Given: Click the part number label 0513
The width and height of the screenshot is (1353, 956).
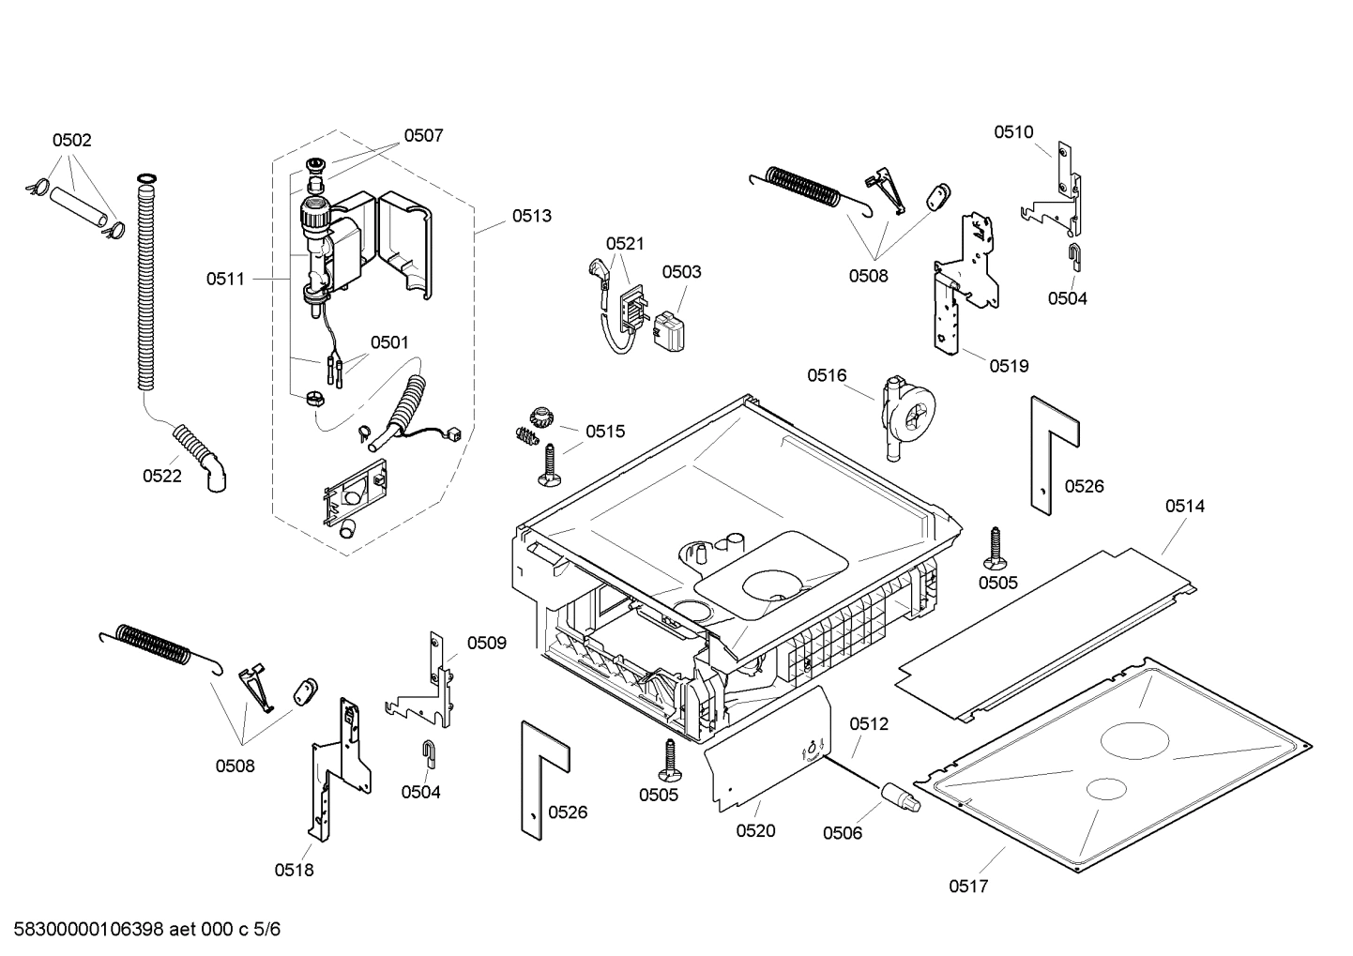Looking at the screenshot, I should (531, 216).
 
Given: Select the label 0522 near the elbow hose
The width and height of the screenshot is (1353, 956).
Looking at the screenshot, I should (161, 476).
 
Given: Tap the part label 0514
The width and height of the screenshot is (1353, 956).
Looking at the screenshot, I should (1185, 507).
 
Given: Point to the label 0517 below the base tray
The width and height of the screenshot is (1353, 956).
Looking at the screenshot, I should (968, 886).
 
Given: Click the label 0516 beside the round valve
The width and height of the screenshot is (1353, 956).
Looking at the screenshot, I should (827, 375).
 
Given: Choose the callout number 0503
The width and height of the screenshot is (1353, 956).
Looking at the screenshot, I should (681, 272).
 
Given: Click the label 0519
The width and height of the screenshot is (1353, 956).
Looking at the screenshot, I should (1009, 366).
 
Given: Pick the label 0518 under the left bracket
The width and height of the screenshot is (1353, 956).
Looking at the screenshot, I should (294, 870).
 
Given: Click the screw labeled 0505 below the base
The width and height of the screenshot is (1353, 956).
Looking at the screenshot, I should (670, 758).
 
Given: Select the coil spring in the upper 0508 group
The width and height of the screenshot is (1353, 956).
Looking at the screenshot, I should (805, 184).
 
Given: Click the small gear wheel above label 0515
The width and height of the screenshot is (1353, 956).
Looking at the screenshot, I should (542, 415).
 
